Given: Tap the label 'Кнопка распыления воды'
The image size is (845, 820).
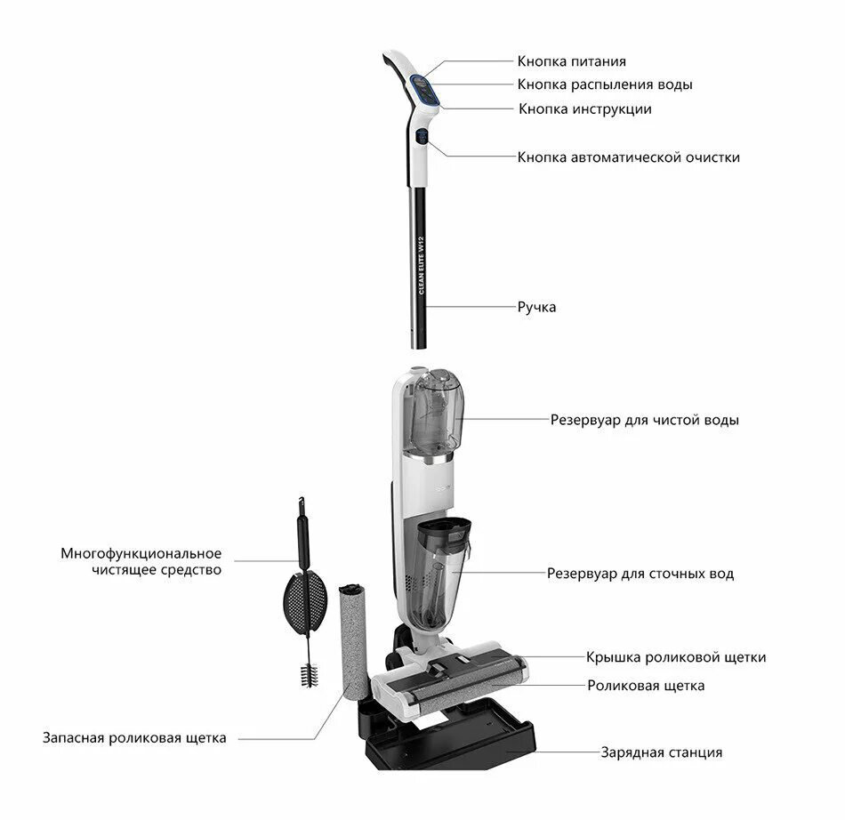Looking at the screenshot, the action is click(605, 84).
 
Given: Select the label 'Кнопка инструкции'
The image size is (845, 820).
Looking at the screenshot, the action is click(585, 109).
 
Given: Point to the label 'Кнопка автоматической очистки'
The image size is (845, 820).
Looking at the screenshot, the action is click(628, 157).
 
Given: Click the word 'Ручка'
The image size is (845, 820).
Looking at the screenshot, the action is click(536, 307).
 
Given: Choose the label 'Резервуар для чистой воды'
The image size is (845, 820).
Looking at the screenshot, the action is click(644, 419).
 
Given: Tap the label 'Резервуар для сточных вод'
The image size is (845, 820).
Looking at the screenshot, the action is click(640, 574).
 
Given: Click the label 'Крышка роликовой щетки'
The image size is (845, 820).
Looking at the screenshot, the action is click(676, 657).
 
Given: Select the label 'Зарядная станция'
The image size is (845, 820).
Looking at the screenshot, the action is click(661, 752).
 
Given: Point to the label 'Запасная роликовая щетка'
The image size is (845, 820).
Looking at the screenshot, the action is click(134, 737).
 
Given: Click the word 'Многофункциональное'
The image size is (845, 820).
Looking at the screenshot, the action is click(141, 553).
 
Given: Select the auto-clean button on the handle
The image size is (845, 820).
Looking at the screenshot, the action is click(422, 139).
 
